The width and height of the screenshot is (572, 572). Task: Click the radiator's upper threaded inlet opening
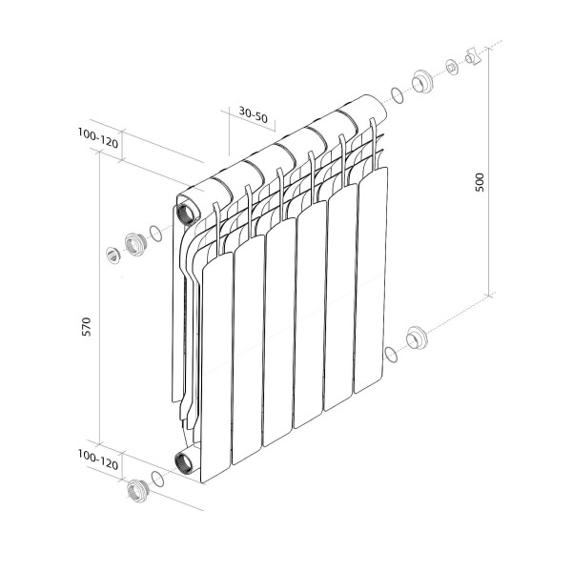(184, 209)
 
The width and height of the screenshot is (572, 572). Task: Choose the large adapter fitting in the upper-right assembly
(420, 81)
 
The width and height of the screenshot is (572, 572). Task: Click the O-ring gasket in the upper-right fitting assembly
(395, 95)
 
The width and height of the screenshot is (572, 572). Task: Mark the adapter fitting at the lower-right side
(416, 338)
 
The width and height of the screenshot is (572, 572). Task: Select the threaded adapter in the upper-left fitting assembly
(133, 242)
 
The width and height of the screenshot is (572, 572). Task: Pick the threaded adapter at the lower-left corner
(135, 492)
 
